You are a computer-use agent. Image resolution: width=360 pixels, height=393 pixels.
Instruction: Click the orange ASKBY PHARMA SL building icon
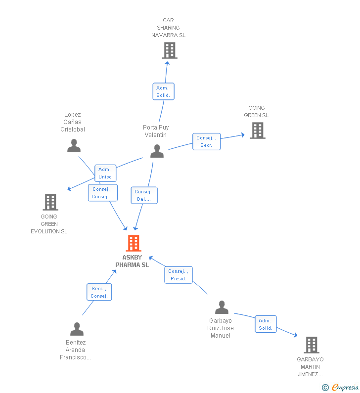pyautogui.click(x=134, y=243)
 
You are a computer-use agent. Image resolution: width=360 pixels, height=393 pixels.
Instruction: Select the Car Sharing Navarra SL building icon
pyautogui.click(x=169, y=50)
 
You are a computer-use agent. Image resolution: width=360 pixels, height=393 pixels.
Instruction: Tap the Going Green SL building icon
pyautogui.click(x=257, y=131)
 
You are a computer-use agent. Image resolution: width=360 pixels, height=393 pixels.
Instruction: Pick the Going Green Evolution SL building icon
pyautogui.click(x=50, y=202)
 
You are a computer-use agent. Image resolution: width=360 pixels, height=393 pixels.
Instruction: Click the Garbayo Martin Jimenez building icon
pyautogui.click(x=311, y=345)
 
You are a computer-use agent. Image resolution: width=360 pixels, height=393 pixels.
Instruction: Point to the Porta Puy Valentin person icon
pyautogui.click(x=157, y=151)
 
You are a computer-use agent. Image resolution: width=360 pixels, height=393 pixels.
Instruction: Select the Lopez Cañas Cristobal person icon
pyautogui.click(x=74, y=146)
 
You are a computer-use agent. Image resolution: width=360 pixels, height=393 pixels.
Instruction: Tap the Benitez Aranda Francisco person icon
pyautogui.click(x=77, y=329)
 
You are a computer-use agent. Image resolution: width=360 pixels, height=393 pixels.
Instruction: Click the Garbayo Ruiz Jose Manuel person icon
pyautogui.click(x=222, y=307)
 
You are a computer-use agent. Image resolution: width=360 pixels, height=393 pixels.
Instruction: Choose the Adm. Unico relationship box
pyautogui.click(x=105, y=173)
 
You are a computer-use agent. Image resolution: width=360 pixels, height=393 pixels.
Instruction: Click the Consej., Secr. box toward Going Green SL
pyautogui.click(x=206, y=141)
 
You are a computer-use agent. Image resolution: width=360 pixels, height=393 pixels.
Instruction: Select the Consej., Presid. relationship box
pyautogui.click(x=178, y=275)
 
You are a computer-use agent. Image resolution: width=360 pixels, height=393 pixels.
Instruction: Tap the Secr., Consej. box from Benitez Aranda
pyautogui.click(x=99, y=292)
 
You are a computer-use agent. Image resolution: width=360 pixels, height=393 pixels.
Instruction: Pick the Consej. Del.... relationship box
pyautogui.click(x=144, y=195)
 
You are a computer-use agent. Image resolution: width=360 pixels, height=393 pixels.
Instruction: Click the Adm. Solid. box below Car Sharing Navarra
pyautogui.click(x=163, y=91)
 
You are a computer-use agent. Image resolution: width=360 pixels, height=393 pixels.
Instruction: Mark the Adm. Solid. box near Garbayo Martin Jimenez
pyautogui.click(x=266, y=324)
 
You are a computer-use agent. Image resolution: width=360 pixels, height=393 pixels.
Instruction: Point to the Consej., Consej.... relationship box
pyautogui.click(x=102, y=193)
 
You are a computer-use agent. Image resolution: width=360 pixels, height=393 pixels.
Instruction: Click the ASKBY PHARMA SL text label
pyautogui.click(x=132, y=261)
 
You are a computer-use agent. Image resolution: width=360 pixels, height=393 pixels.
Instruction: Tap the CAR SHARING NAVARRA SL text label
pyautogui.click(x=169, y=28)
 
